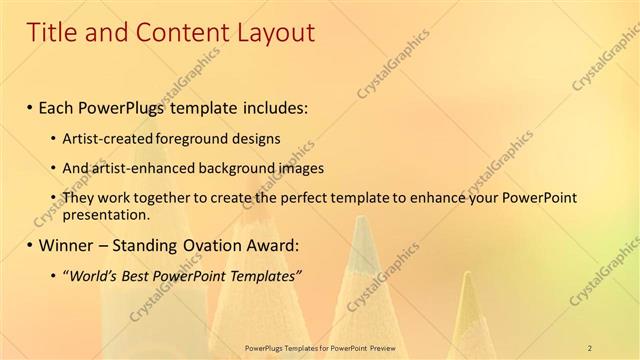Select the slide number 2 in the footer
[589, 347]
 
